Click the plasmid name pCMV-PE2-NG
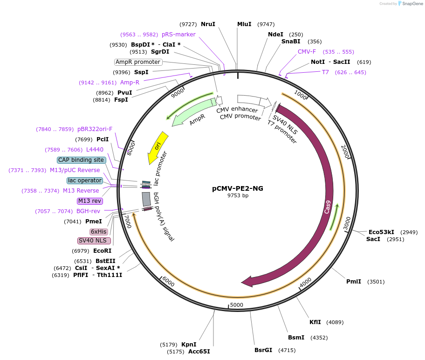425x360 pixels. (x=238, y=188)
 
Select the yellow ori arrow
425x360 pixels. (x=158, y=147)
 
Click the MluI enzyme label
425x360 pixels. (x=244, y=24)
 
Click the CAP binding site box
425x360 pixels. (x=81, y=160)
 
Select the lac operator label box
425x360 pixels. (x=84, y=180)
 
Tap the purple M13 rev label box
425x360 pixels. (x=90, y=201)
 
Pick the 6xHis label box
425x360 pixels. (x=99, y=232)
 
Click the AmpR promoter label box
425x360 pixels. (x=138, y=62)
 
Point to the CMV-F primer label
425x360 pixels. (x=307, y=52)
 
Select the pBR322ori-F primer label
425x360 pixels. (x=95, y=129)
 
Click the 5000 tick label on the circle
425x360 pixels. (x=237, y=305)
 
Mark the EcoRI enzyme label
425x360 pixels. (x=102, y=251)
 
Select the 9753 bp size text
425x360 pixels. (x=238, y=196)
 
